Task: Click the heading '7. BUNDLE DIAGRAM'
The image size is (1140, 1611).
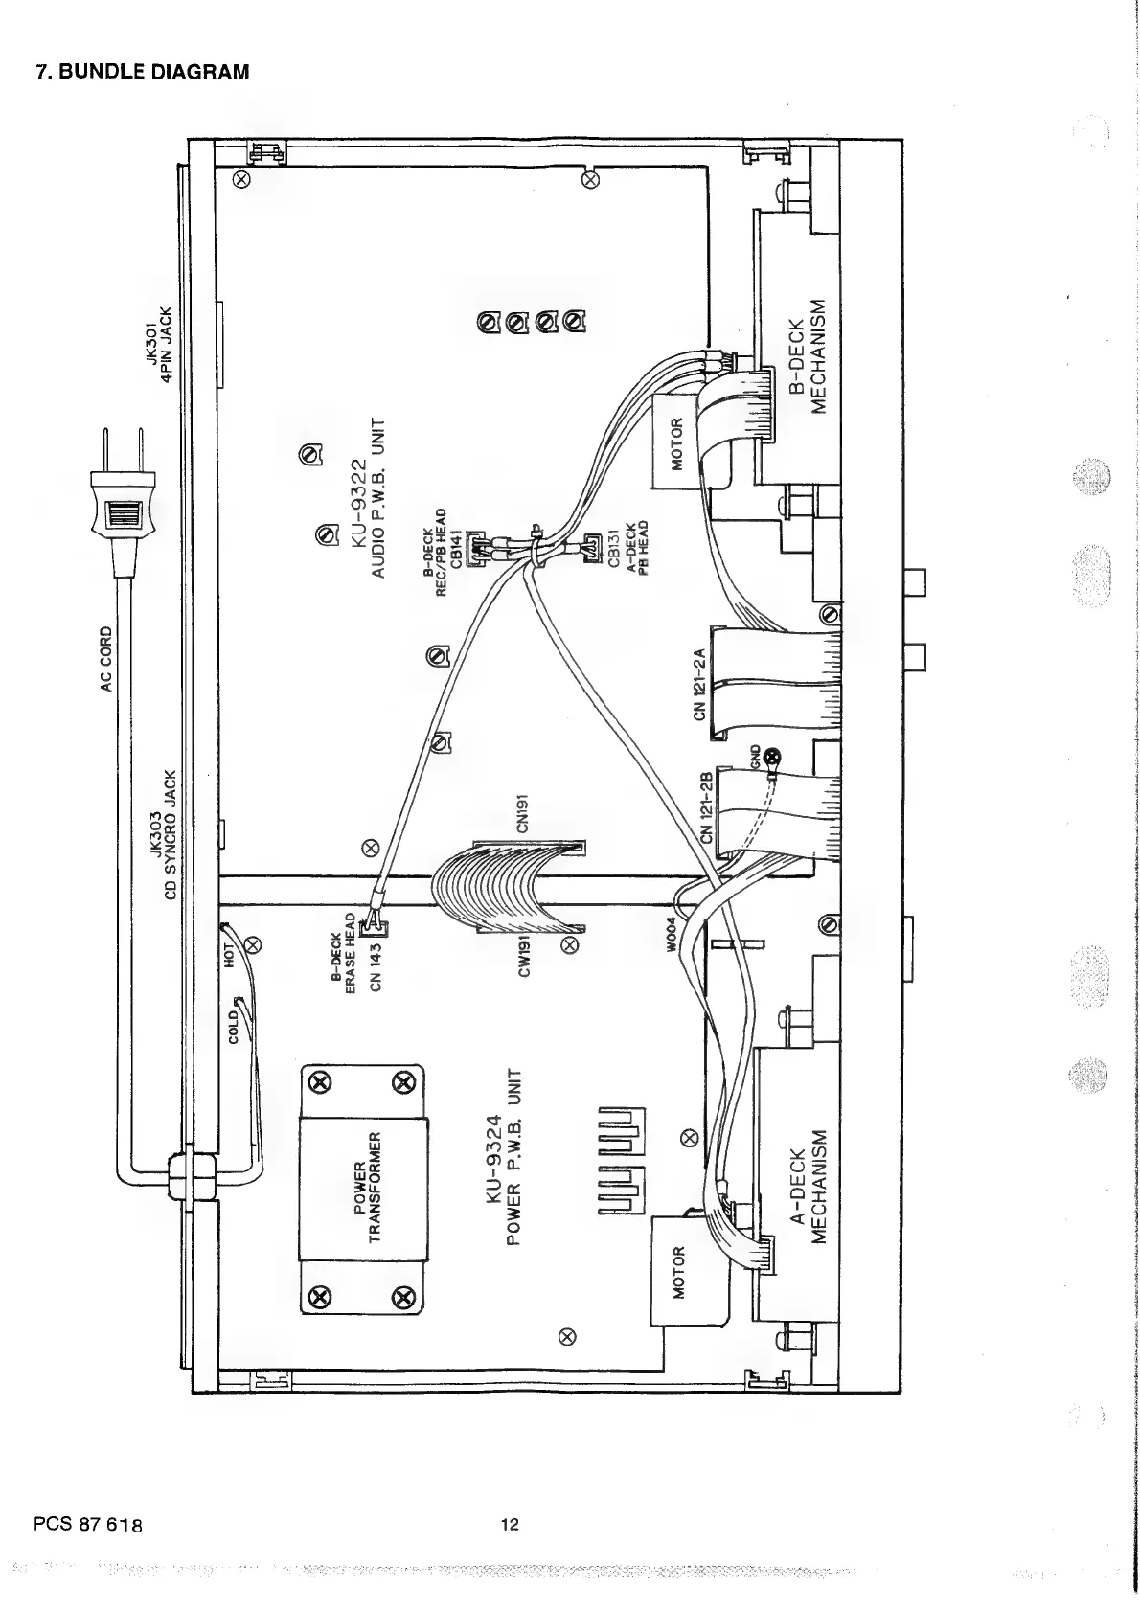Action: point(142,71)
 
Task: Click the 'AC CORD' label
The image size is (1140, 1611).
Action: point(106,659)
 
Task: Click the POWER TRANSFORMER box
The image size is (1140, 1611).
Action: point(362,1189)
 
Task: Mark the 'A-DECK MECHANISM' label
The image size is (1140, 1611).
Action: point(807,1184)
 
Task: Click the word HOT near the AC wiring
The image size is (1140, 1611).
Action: point(230,955)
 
